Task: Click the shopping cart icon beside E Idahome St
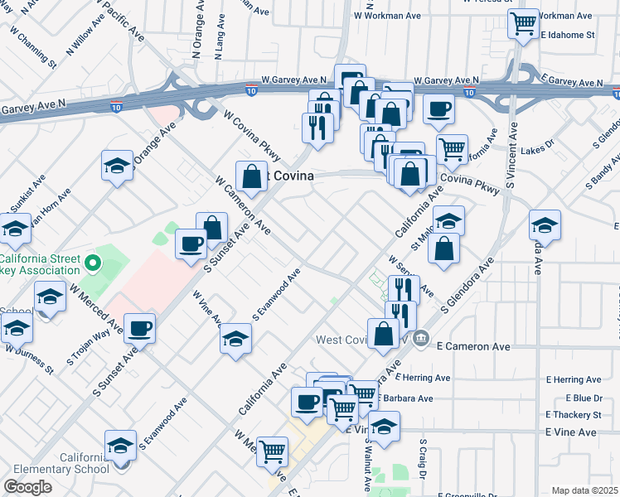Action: pos(524,25)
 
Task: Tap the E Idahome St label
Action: pos(568,36)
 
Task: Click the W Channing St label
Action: pos(34,51)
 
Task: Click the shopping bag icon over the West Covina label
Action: pos(251,176)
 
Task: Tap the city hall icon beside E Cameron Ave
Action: pos(420,338)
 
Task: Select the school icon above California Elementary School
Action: pos(121,446)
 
